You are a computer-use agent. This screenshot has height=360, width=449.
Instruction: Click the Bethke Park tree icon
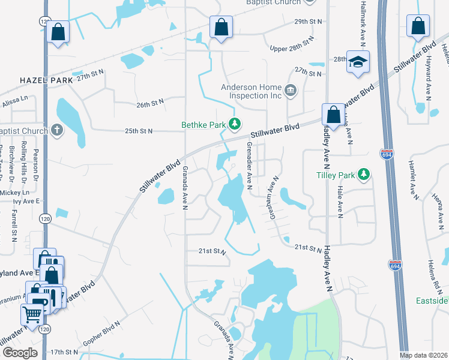coord(236,124)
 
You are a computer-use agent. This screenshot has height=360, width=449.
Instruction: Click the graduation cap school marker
coord(358,62)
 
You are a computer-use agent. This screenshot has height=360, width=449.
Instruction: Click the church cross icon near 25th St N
coord(57,130)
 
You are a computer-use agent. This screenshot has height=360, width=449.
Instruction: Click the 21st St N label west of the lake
coord(212,252)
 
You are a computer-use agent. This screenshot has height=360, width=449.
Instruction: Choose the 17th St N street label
coord(65,352)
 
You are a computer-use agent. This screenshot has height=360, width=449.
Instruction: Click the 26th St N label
coord(150,103)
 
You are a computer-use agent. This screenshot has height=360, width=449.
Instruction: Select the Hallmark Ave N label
coord(362,25)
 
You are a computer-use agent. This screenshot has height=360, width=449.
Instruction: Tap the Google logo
coord(20,353)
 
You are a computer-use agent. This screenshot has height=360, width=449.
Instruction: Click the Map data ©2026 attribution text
coord(424,355)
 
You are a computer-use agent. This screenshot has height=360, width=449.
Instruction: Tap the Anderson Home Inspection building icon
coord(291,91)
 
